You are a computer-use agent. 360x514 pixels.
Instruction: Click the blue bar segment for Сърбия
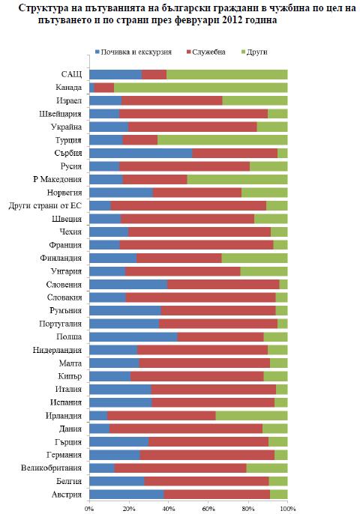pyautogui.click(x=141, y=153)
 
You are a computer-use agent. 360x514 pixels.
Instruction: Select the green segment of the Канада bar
pyautogui.click(x=201, y=88)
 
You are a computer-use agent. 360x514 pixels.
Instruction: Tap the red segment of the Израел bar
pyautogui.click(x=172, y=100)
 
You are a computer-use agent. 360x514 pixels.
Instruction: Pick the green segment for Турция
pyautogui.click(x=223, y=140)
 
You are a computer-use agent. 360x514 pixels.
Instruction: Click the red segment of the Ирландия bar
pyautogui.click(x=161, y=416)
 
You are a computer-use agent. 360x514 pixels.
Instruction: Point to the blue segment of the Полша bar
pyautogui.click(x=133, y=337)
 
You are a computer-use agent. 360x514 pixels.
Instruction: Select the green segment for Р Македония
pyautogui.click(x=237, y=179)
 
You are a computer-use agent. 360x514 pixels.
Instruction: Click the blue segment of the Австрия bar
pyautogui.click(x=127, y=495)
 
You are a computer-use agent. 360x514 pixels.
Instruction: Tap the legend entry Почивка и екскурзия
pyautogui.click(x=133, y=52)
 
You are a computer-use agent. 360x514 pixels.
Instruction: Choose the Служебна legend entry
pyautogui.click(x=206, y=52)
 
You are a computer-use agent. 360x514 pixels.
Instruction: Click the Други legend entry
pyautogui.click(x=254, y=52)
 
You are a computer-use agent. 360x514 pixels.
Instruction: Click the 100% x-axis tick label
pyautogui.click(x=288, y=509)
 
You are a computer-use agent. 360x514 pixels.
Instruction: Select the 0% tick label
pyautogui.click(x=89, y=509)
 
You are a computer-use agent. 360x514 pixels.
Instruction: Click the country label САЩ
pyautogui.click(x=71, y=74)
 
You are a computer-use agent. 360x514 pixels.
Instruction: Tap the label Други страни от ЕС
pyautogui.click(x=45, y=206)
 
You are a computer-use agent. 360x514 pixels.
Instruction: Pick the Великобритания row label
pyautogui.click(x=51, y=468)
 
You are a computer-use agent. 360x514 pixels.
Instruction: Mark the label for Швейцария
pyautogui.click(x=60, y=114)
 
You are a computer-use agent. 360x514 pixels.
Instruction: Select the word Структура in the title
pyautogui.click(x=41, y=7)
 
